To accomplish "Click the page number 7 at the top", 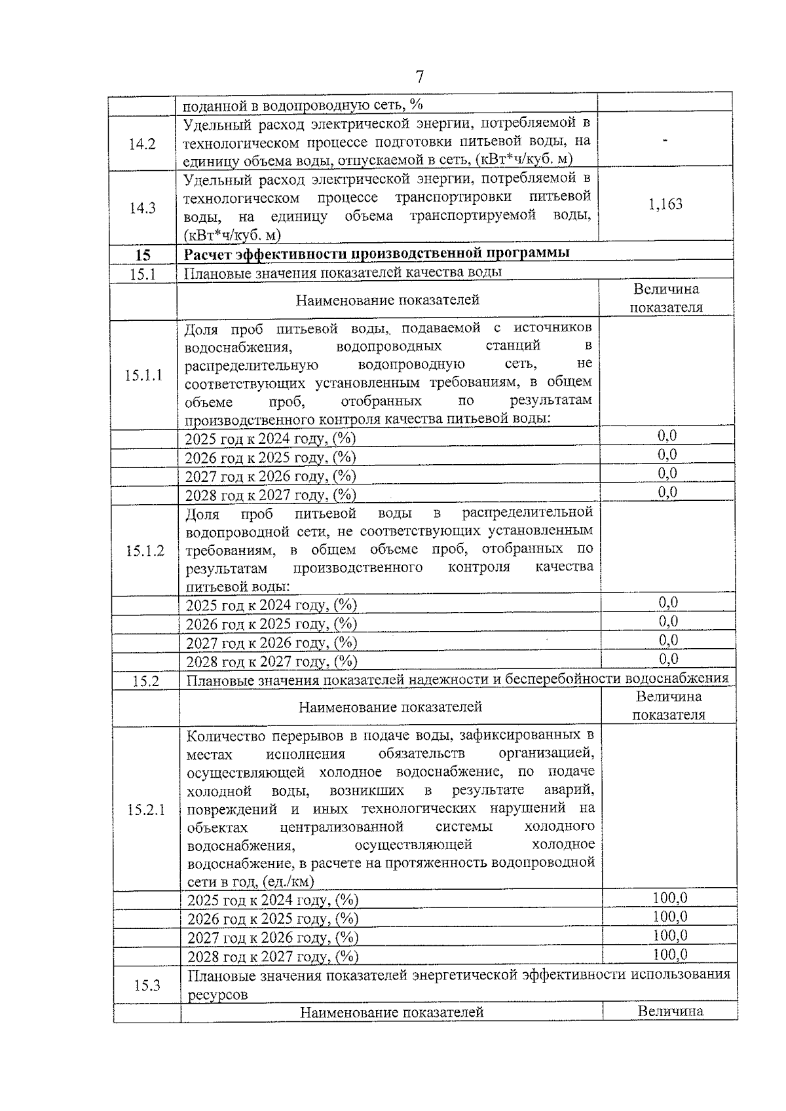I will (x=420, y=77).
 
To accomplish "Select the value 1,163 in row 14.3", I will (x=665, y=204).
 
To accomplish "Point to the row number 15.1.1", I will (x=143, y=375).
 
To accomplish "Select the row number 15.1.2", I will (x=145, y=551).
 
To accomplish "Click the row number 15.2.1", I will (x=146, y=810).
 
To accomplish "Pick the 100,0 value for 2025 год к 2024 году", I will (x=670, y=898).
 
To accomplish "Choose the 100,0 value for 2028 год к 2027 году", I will (x=670, y=955).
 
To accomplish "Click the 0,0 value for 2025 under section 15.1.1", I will (x=667, y=436).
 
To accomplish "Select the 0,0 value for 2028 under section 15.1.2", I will (x=668, y=659).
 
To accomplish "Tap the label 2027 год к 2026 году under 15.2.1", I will (x=272, y=938).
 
